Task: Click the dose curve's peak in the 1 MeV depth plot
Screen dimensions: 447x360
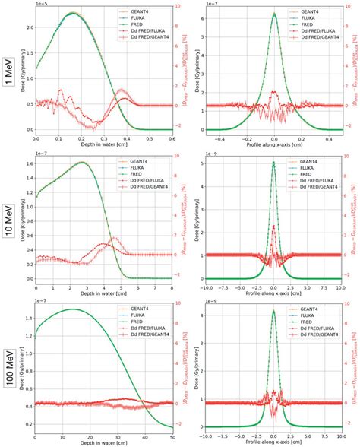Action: click(x=73, y=13)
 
